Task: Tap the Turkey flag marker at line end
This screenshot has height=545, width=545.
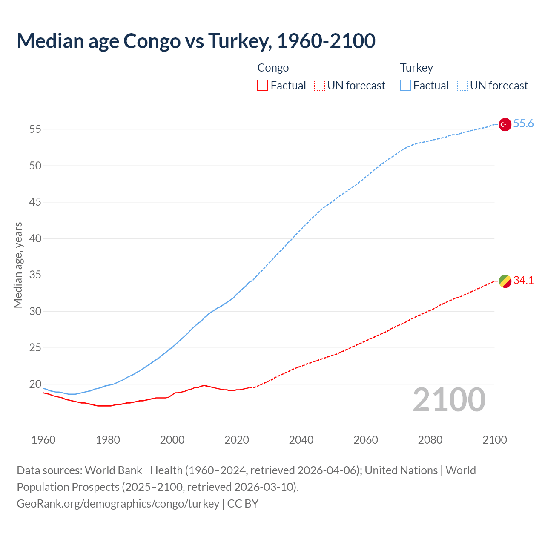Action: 505,124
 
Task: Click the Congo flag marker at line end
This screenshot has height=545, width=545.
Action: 505,281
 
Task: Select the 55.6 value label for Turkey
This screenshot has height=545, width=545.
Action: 523,124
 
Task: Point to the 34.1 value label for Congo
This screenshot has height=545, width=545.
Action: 523,281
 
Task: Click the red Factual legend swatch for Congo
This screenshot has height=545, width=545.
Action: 263,86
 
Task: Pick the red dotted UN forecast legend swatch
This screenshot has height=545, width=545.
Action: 319,86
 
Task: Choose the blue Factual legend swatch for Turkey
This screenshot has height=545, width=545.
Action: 405,86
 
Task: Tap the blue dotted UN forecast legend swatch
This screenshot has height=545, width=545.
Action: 462,86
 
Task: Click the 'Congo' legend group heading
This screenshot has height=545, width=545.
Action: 273,68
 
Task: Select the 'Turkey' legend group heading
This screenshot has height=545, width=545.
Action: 416,68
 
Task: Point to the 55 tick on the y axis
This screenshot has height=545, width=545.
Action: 35,129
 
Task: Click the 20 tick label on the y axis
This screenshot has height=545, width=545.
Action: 35,384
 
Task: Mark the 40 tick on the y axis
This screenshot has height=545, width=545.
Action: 35,238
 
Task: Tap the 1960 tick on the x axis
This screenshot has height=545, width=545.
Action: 43,440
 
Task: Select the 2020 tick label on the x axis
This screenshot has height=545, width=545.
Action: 237,440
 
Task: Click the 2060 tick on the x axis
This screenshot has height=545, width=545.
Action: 366,440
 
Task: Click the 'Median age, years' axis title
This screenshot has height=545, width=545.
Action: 18,265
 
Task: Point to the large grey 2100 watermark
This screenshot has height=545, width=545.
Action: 449,400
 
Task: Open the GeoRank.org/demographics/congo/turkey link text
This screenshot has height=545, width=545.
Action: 118,504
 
